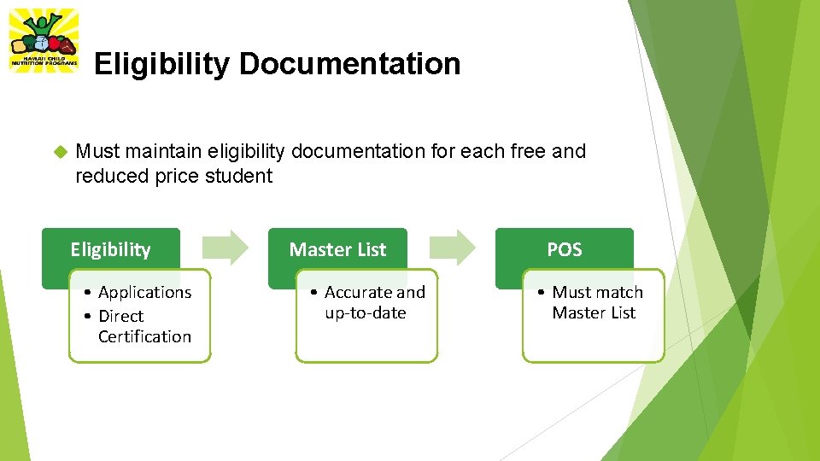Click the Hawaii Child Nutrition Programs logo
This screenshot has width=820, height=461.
pos(43,41)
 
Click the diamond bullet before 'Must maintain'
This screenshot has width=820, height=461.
pos(60,152)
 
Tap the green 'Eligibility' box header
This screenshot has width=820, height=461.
pos(110,249)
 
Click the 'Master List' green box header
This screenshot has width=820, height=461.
pos(337,249)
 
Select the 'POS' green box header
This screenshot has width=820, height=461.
pos(564,249)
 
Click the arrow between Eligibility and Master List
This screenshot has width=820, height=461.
pos(225,247)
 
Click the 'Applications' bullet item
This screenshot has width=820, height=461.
pos(144,293)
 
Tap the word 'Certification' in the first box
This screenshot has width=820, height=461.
pos(144,336)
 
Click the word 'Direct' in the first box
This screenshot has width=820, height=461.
pos(120,316)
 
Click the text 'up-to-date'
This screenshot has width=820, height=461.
pos(365,313)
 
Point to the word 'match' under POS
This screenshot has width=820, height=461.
pos(620,293)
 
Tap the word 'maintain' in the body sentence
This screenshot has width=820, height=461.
pos(159,152)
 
